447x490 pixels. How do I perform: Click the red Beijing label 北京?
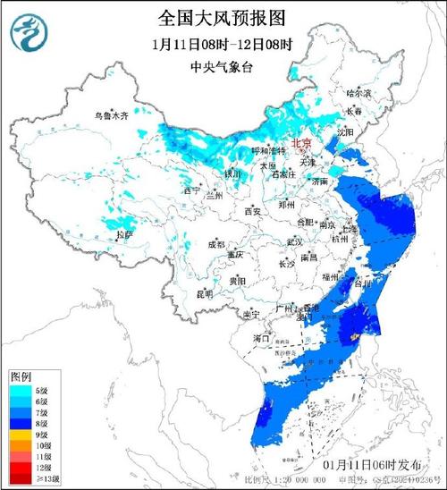pyautogui.click(x=304, y=143)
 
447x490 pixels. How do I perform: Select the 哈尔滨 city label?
pyautogui.click(x=357, y=93)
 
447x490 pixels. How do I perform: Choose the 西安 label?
pyautogui.click(x=252, y=212)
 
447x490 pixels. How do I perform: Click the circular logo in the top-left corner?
pyautogui.click(x=28, y=33)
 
